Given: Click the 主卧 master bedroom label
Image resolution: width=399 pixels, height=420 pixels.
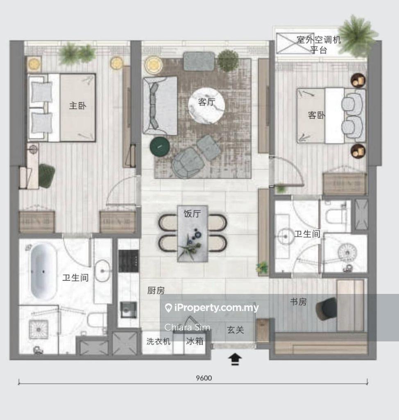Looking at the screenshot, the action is [78, 106].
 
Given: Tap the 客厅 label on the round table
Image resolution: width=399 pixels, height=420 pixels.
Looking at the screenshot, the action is [206, 102].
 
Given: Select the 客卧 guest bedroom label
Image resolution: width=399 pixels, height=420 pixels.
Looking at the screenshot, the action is [317, 115].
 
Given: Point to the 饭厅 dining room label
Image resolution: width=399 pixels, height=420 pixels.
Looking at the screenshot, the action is [192, 214].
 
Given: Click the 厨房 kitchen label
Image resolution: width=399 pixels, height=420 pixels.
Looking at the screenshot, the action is [156, 290].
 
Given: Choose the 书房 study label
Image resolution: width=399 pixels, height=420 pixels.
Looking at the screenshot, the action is [298, 302].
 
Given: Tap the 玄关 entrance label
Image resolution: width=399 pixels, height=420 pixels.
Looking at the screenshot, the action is [236, 330].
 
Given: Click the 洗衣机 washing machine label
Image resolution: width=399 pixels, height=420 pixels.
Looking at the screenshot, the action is [159, 341].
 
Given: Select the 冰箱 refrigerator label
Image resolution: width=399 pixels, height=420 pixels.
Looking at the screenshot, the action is [195, 341].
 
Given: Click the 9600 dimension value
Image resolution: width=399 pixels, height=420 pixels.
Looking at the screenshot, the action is [204, 378].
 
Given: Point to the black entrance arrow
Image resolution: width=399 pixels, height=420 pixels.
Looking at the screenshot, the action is [235, 359].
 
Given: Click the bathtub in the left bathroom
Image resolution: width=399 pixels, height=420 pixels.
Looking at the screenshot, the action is [43, 271].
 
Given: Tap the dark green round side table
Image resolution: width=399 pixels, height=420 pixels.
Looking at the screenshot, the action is [159, 147].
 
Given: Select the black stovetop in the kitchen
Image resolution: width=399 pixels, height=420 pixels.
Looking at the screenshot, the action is [129, 261].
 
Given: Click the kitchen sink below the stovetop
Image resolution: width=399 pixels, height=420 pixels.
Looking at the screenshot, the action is [128, 309].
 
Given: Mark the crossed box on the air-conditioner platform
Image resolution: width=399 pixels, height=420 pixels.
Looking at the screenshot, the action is [295, 43].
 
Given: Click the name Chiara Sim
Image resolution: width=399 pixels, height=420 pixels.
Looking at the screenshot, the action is [187, 327].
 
